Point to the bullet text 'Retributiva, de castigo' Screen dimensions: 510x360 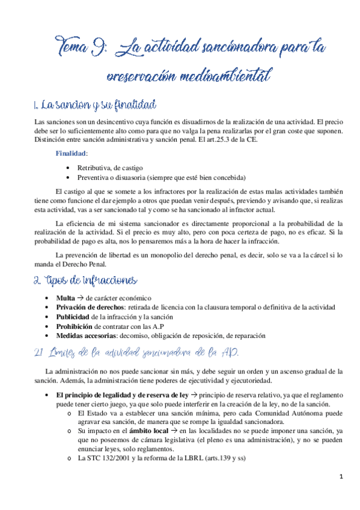pyautogui.click(x=110, y=167)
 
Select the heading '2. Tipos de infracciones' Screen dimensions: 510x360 pyautogui.click(x=87, y=281)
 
